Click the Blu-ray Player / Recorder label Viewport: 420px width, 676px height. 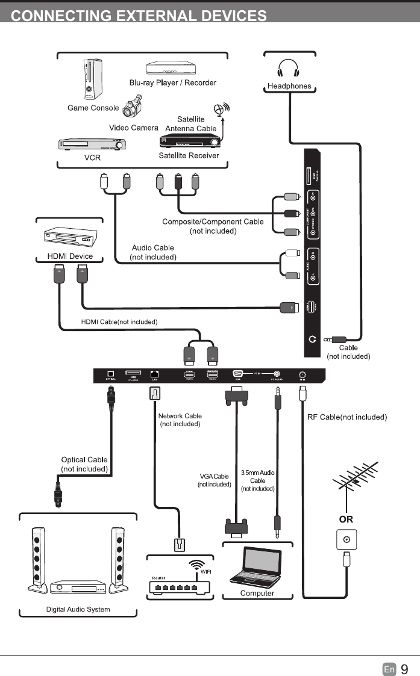(x=172, y=82)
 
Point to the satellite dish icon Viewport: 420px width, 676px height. (x=222, y=110)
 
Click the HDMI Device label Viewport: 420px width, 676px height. (x=70, y=256)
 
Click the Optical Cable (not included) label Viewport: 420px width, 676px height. (x=84, y=464)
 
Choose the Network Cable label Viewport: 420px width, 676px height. (x=180, y=420)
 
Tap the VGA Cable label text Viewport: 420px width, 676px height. (x=214, y=480)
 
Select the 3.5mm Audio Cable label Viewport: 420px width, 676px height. (x=257, y=480)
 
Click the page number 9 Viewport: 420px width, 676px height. (x=404, y=669)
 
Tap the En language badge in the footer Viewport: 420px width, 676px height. (x=389, y=669)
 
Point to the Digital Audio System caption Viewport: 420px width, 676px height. (x=78, y=609)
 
